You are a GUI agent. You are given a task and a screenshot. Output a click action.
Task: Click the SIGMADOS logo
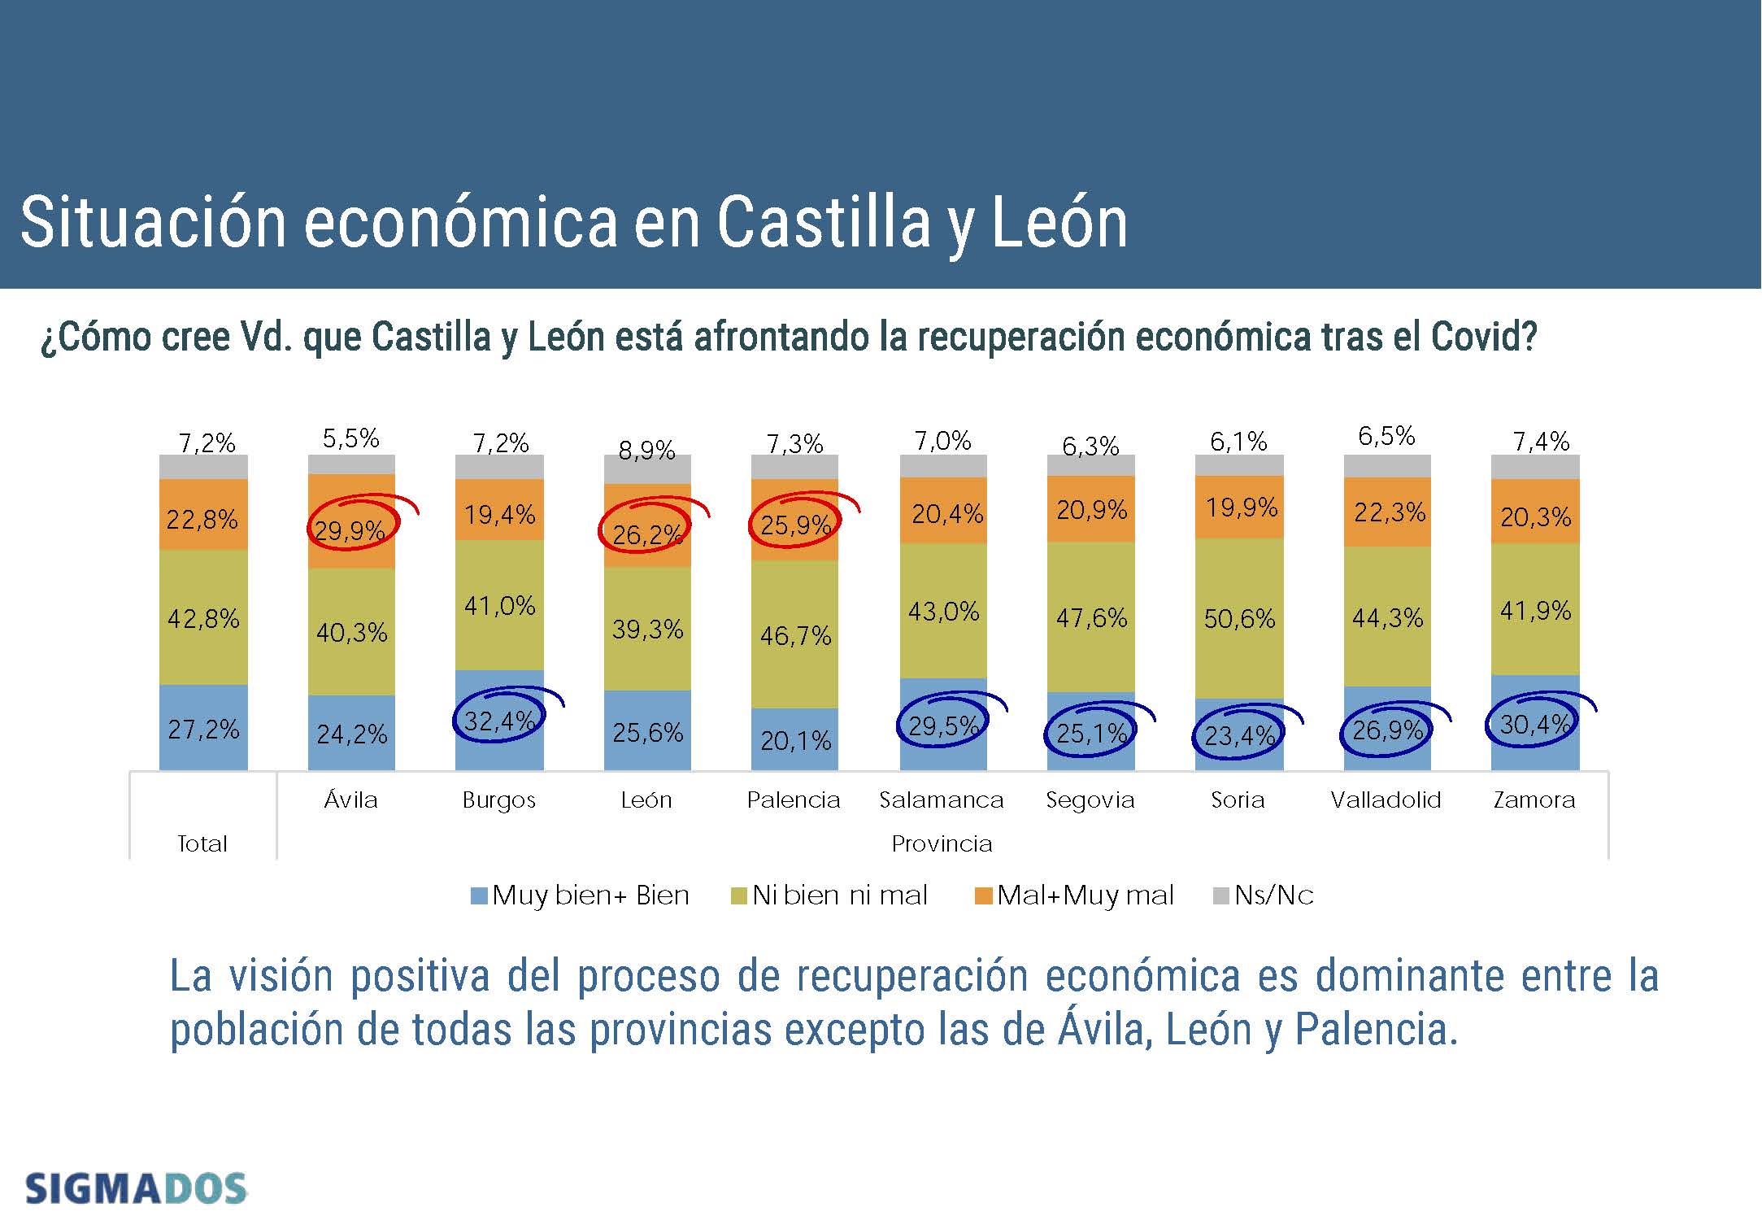click(136, 1188)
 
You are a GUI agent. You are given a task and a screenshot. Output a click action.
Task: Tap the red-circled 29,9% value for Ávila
click(350, 530)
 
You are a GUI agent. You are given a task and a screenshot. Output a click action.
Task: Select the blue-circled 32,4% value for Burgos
click(498, 721)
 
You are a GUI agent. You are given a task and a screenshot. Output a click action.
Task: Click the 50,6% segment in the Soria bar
click(1239, 619)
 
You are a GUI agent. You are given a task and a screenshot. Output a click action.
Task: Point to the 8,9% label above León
click(646, 450)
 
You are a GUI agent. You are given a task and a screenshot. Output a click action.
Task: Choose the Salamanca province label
click(942, 800)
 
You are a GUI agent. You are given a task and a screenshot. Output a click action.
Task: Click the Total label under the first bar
click(202, 843)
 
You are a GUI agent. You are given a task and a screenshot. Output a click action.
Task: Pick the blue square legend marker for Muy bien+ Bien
click(479, 895)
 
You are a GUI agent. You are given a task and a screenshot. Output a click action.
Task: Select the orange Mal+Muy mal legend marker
click(983, 895)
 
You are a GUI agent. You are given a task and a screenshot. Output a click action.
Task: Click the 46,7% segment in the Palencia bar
click(795, 635)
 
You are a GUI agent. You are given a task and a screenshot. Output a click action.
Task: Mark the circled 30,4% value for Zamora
click(1534, 724)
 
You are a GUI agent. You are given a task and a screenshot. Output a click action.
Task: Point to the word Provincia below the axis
click(942, 843)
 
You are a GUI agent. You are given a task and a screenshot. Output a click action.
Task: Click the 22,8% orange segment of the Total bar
click(202, 519)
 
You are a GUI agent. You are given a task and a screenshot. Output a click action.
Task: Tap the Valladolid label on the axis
click(1386, 800)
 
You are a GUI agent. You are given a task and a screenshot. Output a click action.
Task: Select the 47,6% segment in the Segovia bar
click(1091, 618)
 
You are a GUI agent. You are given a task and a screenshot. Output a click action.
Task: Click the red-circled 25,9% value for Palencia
click(795, 525)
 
